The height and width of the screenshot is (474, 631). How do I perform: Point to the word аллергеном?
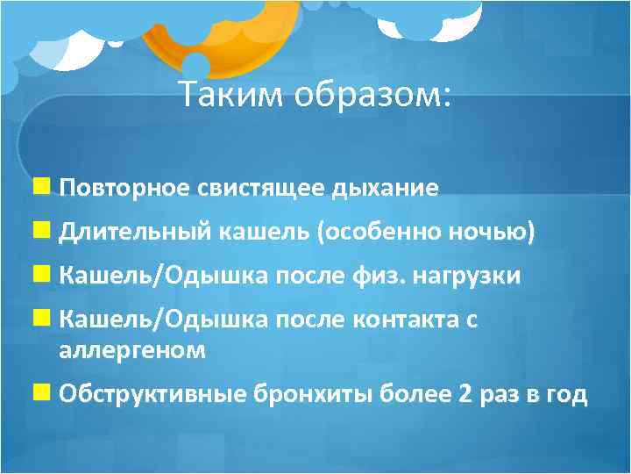pyautogui.click(x=132, y=349)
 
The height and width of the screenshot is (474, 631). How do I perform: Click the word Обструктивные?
pyautogui.click(x=152, y=394)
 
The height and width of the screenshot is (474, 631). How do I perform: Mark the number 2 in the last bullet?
pyautogui.click(x=464, y=394)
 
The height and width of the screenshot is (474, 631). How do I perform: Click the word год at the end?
pyautogui.click(x=567, y=394)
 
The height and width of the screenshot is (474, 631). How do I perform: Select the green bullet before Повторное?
pyautogui.click(x=42, y=187)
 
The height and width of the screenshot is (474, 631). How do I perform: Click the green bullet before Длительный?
pyautogui.click(x=42, y=231)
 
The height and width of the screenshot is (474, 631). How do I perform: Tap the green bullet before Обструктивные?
pyautogui.click(x=42, y=393)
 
